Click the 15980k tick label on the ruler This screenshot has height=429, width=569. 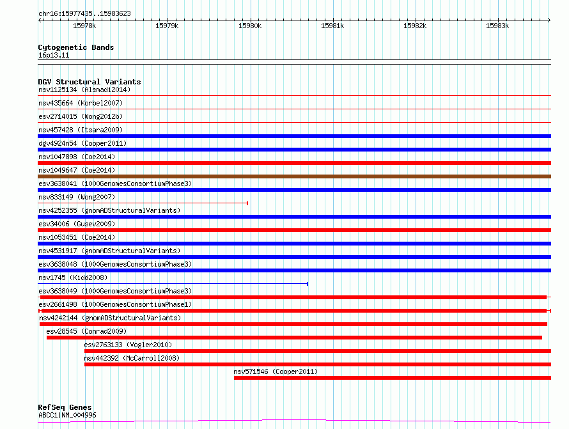pos(250,26)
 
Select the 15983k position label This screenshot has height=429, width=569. pos(497,26)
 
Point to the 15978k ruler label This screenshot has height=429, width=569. pos(84,26)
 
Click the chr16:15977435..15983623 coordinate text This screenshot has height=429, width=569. pos(84,14)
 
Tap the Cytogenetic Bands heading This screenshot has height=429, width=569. pos(76,47)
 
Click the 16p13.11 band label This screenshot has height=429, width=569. pos(54,55)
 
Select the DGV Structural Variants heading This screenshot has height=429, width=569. pos(90,82)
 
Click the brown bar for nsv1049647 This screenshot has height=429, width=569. pos(294,176)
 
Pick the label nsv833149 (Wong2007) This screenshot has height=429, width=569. pos(77,197)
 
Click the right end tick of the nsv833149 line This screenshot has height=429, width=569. pos(247,203)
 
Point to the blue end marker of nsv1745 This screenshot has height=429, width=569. pos(308,284)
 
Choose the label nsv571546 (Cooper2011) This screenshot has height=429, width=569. pos(276,371)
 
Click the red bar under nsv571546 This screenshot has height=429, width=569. pos(393,378)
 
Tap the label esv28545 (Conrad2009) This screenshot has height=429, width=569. pos(86,331)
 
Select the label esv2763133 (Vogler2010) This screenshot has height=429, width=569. pos(128,345)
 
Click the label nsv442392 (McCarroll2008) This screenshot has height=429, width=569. pos(132,358)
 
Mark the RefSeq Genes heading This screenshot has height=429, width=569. pos(65,407)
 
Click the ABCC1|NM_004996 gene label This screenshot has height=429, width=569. pos(67,415)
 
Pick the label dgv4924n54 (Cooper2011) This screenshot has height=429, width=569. pos(82,143)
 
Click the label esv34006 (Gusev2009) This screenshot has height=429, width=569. pos(77,224)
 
